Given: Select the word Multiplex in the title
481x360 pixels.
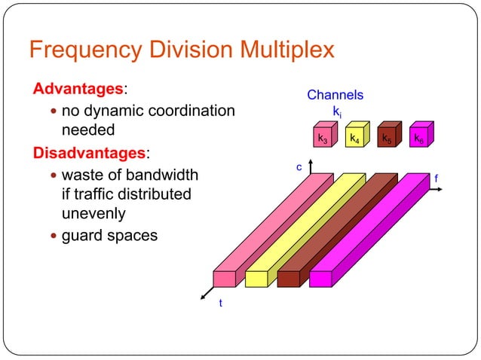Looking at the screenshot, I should coord(284,51).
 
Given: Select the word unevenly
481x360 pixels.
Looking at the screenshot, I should coord(93,214).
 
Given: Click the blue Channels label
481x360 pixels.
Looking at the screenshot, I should coord(335,95).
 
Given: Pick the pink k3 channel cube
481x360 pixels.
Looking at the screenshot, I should coord(322,139).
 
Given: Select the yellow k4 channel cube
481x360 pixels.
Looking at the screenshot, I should coord(353,139).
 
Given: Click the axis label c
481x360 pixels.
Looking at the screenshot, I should coord(299,166).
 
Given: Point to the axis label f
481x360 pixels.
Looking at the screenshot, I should coord(437,178).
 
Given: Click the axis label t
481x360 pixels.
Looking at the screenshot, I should coord(220,303).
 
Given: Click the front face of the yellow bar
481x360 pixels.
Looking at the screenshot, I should coord(256,279).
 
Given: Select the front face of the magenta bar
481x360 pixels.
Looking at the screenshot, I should coord(320,279).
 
